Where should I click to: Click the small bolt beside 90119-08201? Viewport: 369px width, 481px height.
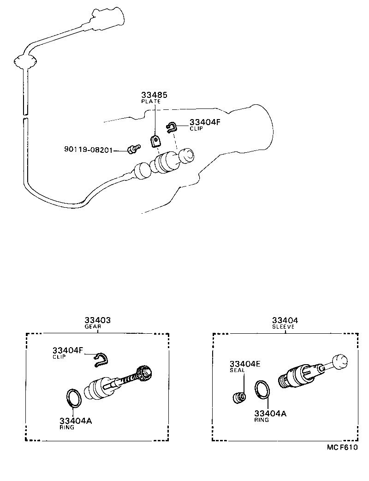click(133, 149)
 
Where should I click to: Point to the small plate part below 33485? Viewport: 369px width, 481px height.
click(156, 140)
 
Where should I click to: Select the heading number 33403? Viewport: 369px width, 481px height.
click(97, 320)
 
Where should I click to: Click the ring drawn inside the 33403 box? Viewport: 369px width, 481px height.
click(74, 397)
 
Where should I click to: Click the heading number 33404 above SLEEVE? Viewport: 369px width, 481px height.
click(285, 320)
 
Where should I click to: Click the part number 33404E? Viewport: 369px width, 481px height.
click(245, 364)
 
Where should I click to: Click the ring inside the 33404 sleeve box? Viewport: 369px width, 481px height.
click(262, 389)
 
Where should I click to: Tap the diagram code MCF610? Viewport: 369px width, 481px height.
click(343, 448)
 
